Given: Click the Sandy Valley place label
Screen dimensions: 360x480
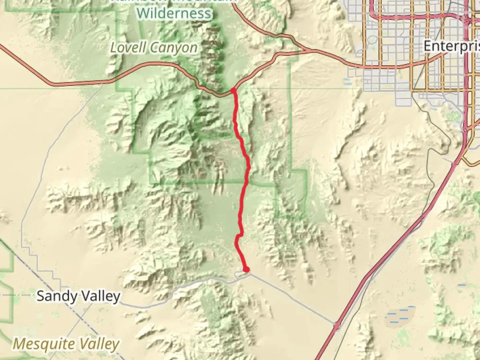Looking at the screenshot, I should (78, 296).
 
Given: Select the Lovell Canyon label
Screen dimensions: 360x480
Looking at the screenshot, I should (154, 48).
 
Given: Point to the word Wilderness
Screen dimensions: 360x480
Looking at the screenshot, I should (174, 13).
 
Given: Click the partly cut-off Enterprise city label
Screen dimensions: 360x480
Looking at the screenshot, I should (452, 46).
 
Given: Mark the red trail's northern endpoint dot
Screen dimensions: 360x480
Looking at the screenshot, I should (233, 90).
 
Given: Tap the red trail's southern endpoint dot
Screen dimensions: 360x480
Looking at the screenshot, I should (246, 269).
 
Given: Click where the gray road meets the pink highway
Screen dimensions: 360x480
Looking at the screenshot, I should (337, 324).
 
